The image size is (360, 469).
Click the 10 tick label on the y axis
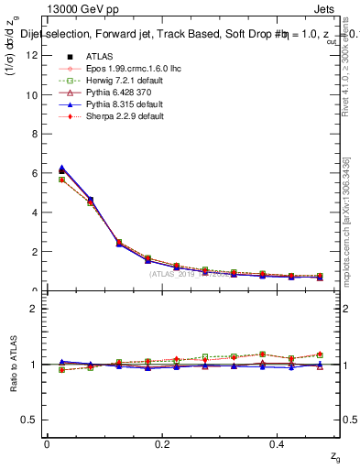click(33, 95)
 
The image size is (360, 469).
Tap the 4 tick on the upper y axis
click(36, 213)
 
